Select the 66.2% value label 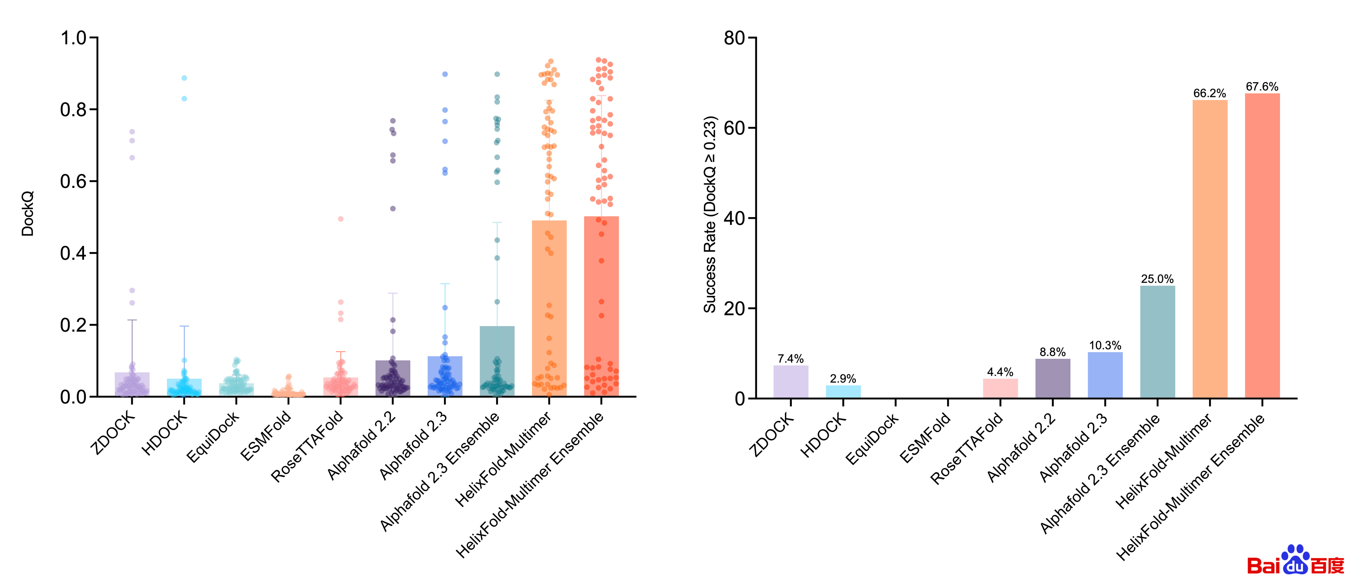click(1209, 93)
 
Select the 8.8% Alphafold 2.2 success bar click(1052, 378)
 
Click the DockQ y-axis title click(27, 214)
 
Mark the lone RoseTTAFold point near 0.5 click(340, 219)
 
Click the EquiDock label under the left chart click(213, 437)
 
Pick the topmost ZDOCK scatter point click(132, 132)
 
